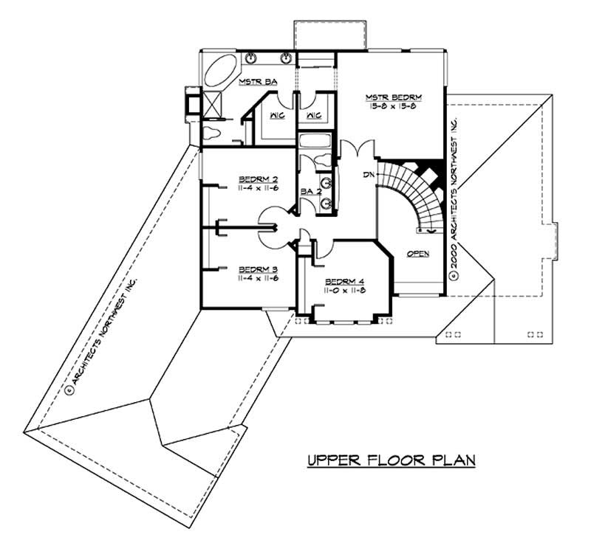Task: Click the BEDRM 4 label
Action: point(344,282)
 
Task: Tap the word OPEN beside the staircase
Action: point(419,253)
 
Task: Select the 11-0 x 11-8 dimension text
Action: point(344,292)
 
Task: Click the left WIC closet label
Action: point(278,115)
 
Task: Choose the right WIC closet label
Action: point(312,115)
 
